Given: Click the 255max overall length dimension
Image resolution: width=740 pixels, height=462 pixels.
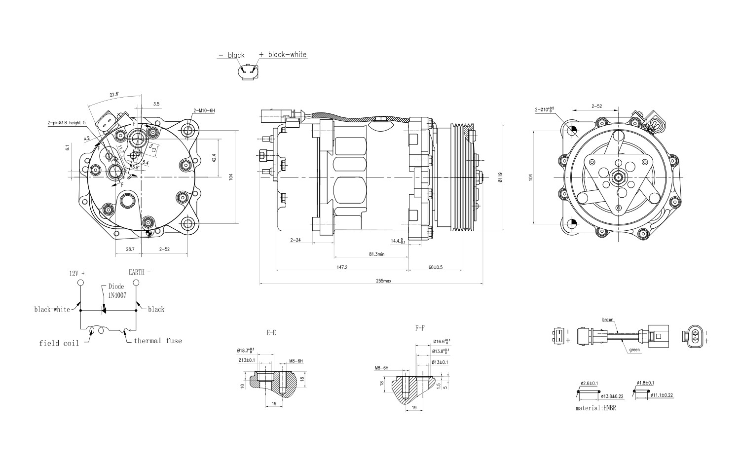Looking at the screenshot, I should pyautogui.click(x=383, y=281).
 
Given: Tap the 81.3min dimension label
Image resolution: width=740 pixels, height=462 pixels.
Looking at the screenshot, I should pyautogui.click(x=376, y=254).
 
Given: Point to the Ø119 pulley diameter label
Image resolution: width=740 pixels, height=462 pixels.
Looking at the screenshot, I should pyautogui.click(x=500, y=178).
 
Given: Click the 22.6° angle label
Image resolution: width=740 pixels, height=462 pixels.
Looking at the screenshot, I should pyautogui.click(x=114, y=95).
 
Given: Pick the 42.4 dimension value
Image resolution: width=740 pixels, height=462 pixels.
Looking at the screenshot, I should pyautogui.click(x=214, y=158).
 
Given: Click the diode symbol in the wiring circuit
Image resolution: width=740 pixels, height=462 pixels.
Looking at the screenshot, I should pyautogui.click(x=104, y=310).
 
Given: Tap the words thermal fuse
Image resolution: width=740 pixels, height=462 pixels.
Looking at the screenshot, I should pyautogui.click(x=157, y=341).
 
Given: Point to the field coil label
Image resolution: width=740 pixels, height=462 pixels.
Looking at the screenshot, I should pyautogui.click(x=59, y=343).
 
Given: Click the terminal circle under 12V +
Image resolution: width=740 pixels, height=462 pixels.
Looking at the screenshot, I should pyautogui.click(x=80, y=283).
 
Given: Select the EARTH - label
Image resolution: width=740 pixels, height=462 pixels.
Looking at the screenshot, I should pyautogui.click(x=140, y=272).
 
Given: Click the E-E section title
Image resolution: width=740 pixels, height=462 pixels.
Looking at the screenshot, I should pyautogui.click(x=271, y=333).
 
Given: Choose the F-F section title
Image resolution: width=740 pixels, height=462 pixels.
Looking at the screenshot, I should pyautogui.click(x=420, y=328).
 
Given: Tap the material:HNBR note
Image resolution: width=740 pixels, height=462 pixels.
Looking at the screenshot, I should pyautogui.click(x=595, y=408).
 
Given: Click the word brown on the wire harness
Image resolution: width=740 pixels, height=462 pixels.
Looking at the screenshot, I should pyautogui.click(x=608, y=320).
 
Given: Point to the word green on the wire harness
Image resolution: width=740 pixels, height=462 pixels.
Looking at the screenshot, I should pyautogui.click(x=634, y=350).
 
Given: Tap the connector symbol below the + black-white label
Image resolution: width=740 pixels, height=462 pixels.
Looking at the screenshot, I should pyautogui.click(x=247, y=72).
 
